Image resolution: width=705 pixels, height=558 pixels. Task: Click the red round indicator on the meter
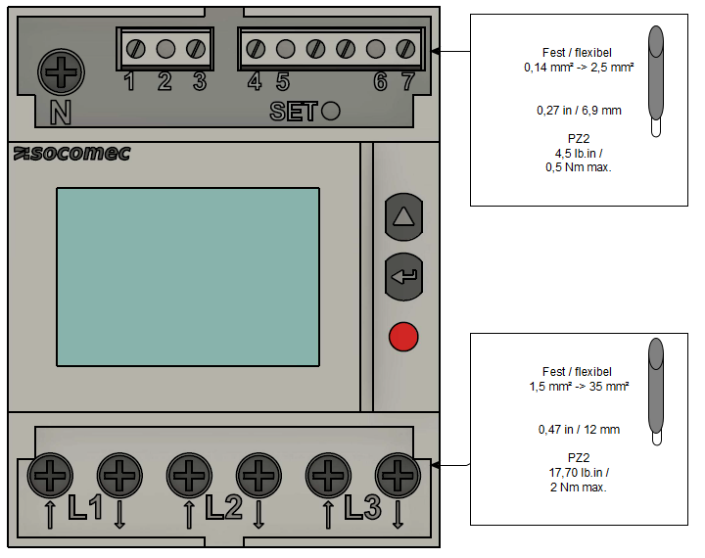pos(403,337)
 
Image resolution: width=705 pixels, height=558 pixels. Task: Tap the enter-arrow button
pos(403,276)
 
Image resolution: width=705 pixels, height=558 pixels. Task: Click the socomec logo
pos(71,154)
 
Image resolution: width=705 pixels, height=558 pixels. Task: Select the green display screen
pos(188,277)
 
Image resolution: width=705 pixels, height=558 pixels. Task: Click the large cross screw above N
pos(61,71)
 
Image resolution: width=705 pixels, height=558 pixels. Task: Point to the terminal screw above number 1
pos(135,49)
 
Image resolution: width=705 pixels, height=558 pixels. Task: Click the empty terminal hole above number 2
pos(165,49)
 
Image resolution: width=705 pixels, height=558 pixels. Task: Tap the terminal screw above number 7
pos(405,49)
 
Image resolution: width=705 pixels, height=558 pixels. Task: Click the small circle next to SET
pos(331,111)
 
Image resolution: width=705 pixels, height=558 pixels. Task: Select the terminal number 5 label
pos(283,82)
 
